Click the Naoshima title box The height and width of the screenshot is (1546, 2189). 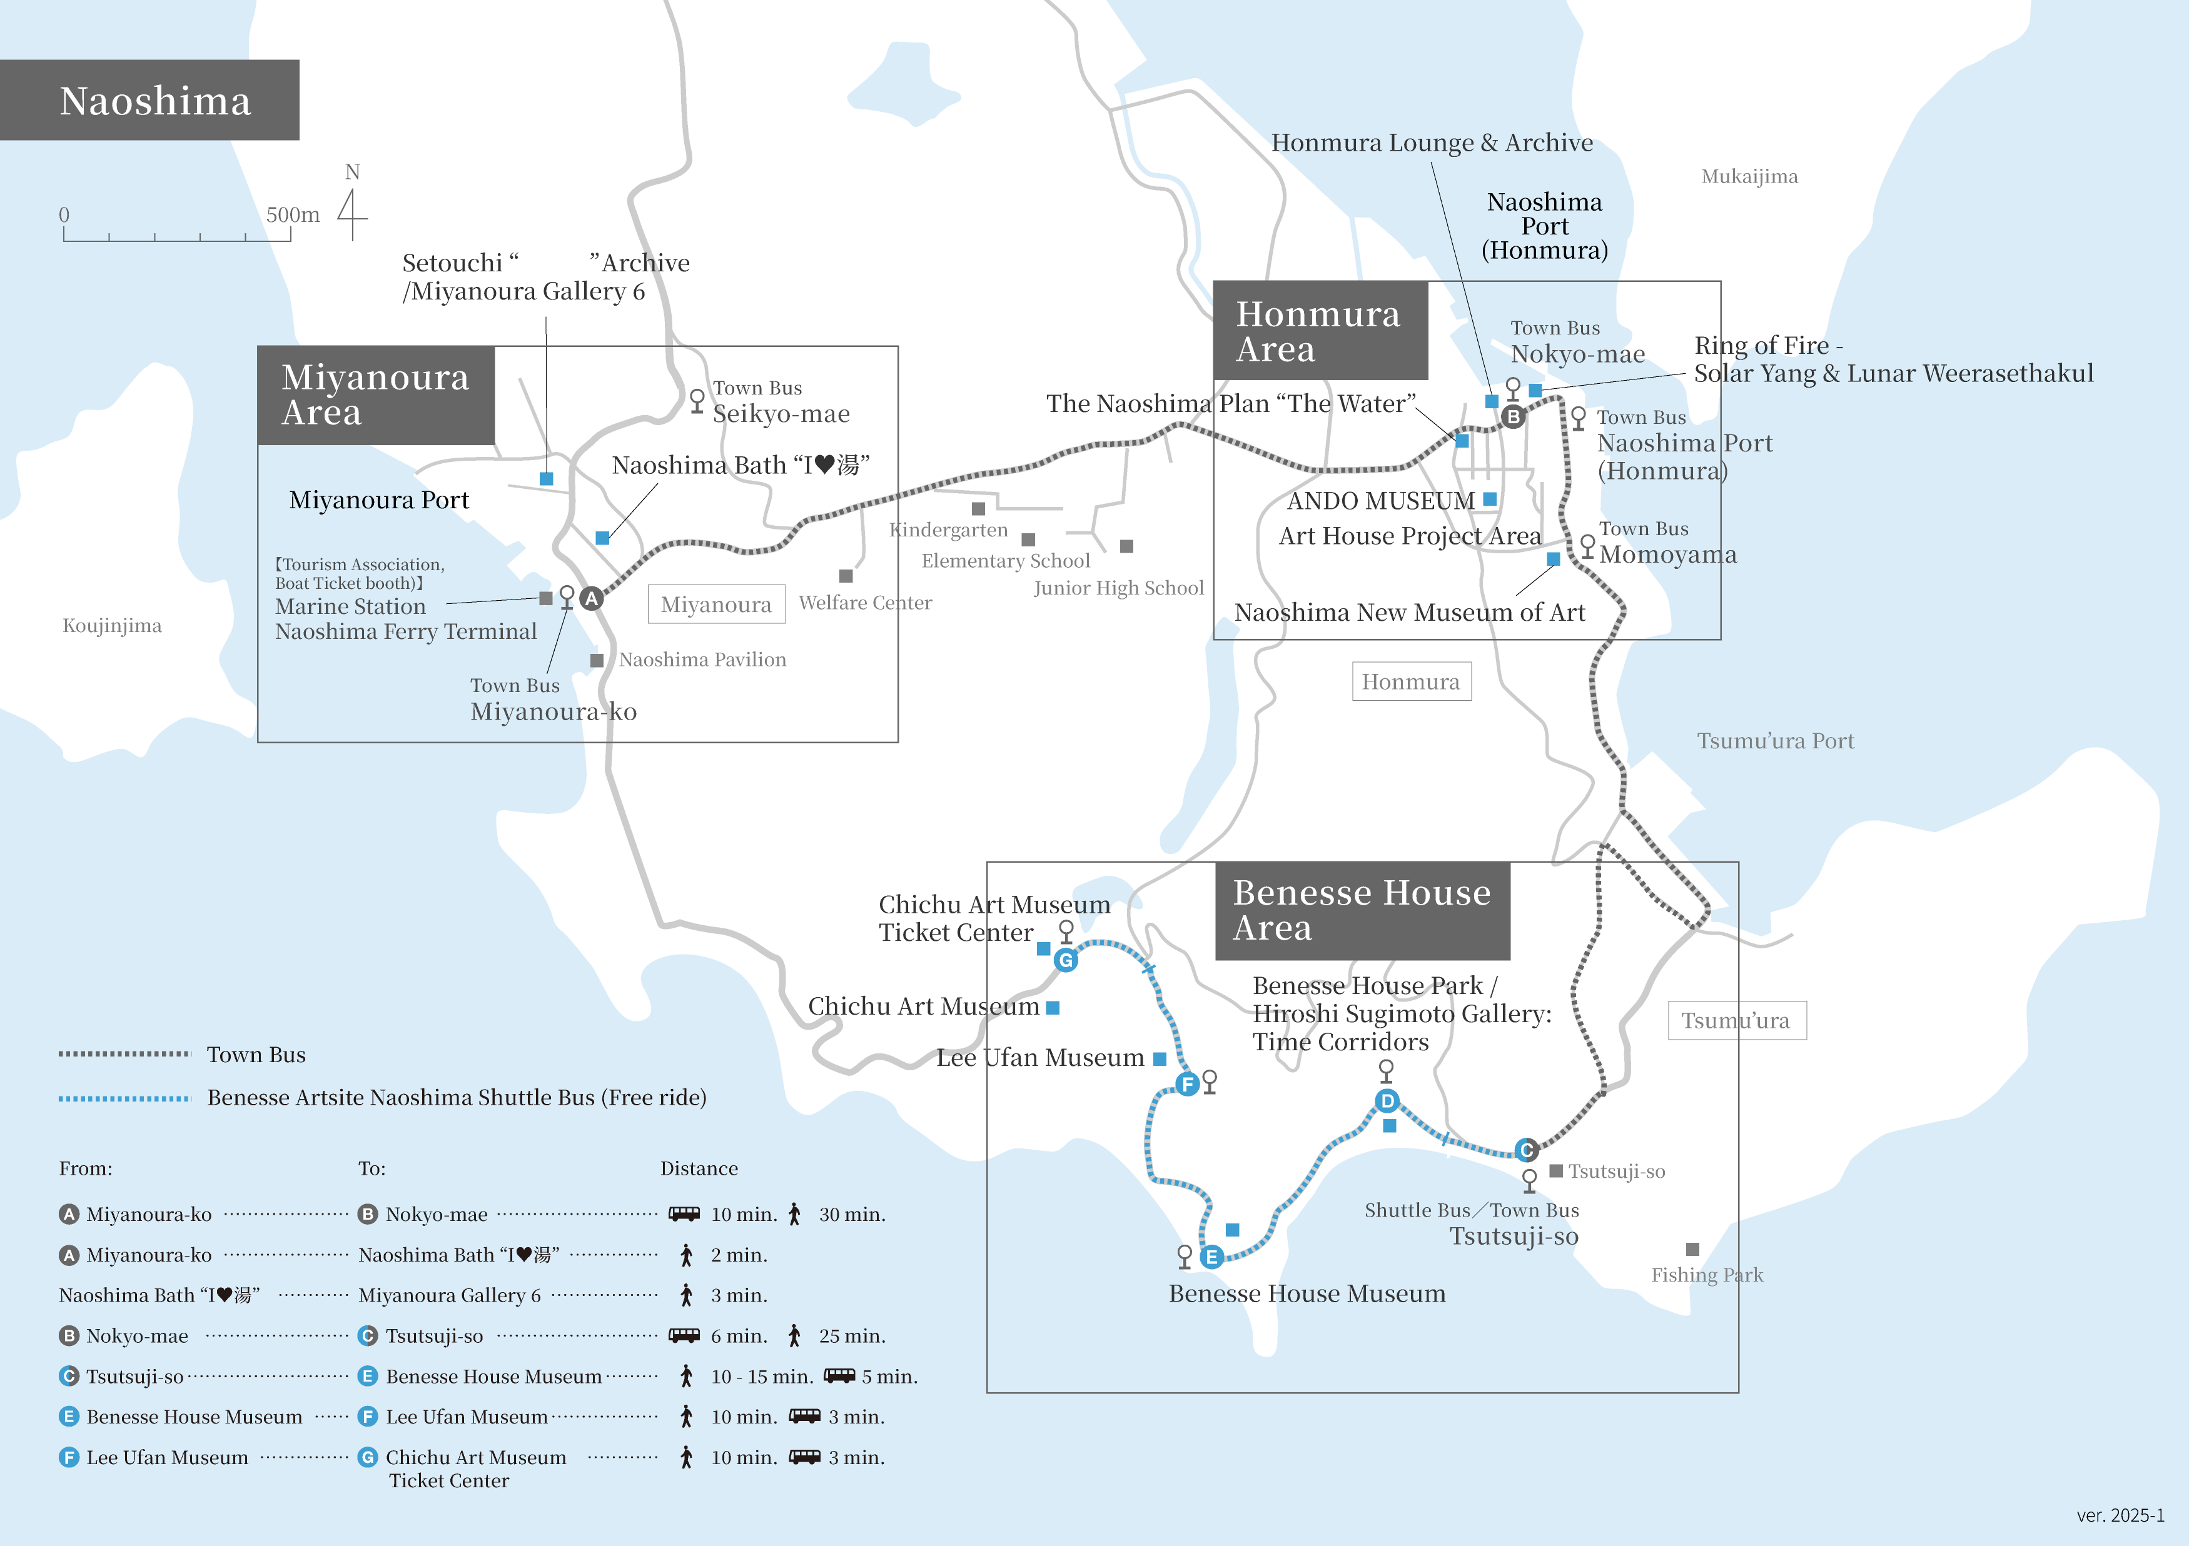(149, 100)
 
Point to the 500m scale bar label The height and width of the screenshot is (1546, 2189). (293, 214)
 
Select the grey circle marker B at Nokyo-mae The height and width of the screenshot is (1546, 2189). (1513, 416)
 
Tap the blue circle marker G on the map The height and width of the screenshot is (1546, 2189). (1066, 960)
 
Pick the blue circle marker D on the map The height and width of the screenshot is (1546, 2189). (1387, 1101)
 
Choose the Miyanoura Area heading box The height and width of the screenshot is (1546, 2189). (376, 394)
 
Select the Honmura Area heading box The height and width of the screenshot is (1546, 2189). (1320, 331)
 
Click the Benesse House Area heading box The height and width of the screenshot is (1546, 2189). (1362, 910)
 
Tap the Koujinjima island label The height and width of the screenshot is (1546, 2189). (113, 625)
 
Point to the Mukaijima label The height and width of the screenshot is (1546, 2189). (1749, 176)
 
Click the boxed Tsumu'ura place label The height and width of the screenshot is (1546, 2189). (1736, 1021)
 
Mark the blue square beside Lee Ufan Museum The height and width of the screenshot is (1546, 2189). (1160, 1059)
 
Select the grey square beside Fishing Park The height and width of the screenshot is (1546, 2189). (1692, 1250)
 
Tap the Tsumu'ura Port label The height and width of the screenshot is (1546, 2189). (1775, 741)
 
